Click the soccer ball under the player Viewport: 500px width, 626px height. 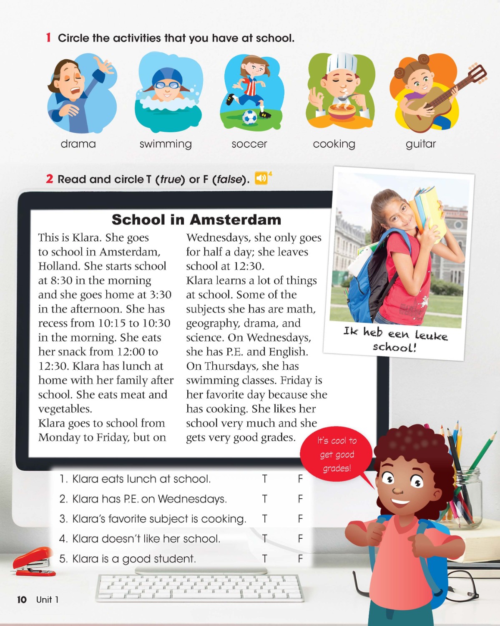point(250,118)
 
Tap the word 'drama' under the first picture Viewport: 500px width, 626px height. point(78,144)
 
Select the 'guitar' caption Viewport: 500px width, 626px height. point(420,144)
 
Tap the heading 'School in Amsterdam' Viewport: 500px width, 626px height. point(196,220)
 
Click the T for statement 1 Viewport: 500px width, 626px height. point(264,479)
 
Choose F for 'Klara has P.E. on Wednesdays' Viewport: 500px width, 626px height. point(300,499)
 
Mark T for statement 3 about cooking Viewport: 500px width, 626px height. point(264,519)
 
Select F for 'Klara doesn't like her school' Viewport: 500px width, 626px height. point(300,539)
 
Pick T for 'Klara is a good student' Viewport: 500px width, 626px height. point(264,559)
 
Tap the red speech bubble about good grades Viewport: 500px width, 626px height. point(336,454)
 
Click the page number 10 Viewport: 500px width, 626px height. point(22,600)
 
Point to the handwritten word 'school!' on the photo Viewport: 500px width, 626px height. point(394,347)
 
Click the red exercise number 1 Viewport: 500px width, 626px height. point(48,38)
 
